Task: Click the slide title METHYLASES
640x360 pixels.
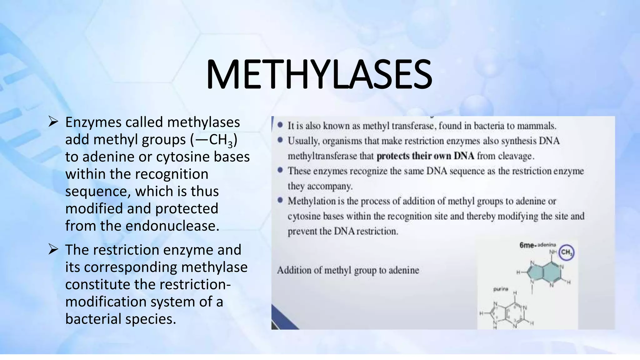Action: pos(319,75)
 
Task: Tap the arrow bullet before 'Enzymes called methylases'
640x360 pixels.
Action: pos(53,122)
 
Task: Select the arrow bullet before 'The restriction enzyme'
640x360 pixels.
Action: pos(53,250)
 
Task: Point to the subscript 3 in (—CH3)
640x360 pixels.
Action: pos(230,144)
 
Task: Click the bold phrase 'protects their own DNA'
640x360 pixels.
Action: pos(425,156)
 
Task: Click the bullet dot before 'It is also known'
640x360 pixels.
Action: pos(280,125)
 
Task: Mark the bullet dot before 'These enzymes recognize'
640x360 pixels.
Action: pos(280,170)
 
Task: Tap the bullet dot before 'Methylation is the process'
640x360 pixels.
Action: pos(280,200)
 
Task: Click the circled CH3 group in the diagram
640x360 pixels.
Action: pos(566,252)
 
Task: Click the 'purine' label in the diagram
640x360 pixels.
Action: pos(501,289)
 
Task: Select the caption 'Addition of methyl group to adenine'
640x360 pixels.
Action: pos(348,270)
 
